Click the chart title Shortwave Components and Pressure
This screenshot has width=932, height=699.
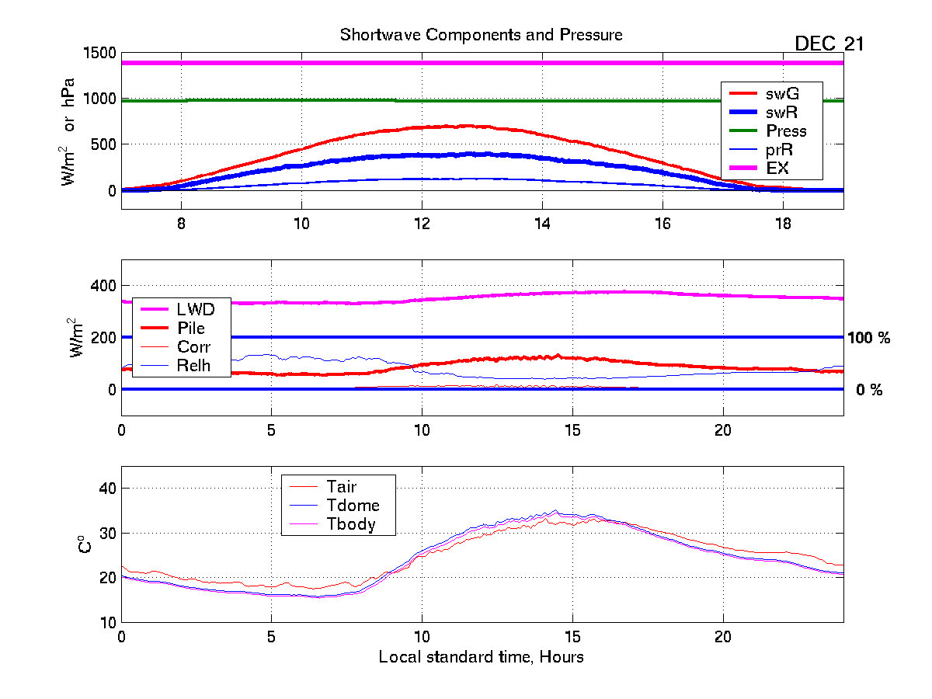coord(481,35)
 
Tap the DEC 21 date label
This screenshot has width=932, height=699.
coord(829,44)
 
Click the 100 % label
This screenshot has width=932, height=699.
coord(868,338)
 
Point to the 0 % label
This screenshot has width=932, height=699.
coord(868,391)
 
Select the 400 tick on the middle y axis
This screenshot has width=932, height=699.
coord(101,285)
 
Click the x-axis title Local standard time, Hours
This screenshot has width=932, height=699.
coord(481,657)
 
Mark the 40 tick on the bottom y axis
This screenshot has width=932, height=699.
coord(106,489)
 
